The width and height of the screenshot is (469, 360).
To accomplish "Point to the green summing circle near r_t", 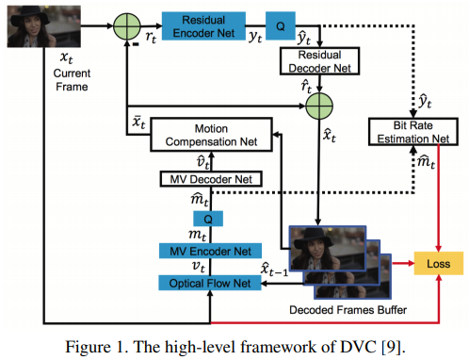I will pyautogui.click(x=126, y=22).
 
